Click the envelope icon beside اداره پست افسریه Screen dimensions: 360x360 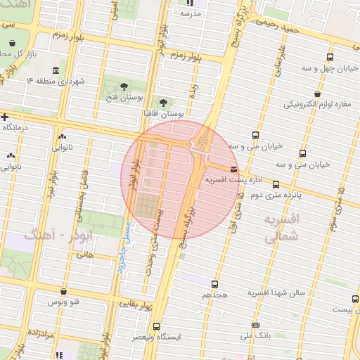coord(233,169)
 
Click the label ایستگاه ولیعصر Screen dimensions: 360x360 coord(157,337)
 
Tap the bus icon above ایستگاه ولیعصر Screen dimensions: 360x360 coord(156,326)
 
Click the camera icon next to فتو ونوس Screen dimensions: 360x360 coord(65,290)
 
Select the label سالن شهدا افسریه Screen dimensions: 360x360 coord(276,291)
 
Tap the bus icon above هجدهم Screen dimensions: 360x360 coord(214,284)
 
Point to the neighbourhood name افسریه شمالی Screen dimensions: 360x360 coord(282,228)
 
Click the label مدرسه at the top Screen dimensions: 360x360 coord(191,13)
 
